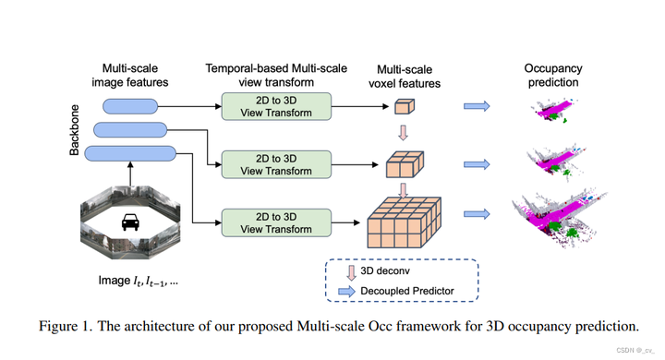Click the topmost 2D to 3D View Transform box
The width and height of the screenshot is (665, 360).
276,106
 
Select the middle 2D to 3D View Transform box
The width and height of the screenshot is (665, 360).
276,164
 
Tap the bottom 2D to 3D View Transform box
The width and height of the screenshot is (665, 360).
276,222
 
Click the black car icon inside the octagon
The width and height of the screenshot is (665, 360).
130,222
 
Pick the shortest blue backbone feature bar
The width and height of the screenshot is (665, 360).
130,106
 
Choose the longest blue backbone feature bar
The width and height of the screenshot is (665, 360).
130,153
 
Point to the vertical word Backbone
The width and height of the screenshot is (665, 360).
74,130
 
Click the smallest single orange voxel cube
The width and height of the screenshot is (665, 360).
405,106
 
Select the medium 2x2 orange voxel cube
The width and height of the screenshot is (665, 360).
405,164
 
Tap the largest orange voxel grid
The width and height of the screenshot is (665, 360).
404,222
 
